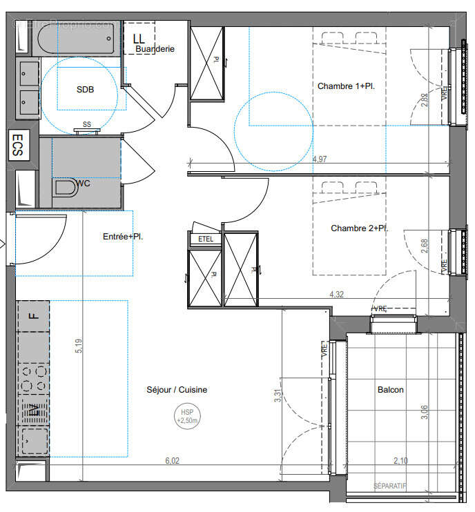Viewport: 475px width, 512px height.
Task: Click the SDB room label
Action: [x=86, y=90]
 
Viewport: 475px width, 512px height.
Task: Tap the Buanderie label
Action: [x=155, y=49]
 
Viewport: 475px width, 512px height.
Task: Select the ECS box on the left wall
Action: [x=19, y=146]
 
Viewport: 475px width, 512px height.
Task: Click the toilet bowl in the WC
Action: [x=66, y=187]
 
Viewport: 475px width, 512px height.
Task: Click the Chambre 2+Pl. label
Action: [x=358, y=228]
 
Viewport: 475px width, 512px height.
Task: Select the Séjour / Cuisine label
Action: [x=177, y=390]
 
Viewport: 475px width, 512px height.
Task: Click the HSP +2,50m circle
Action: [x=187, y=416]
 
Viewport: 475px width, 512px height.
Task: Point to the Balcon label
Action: [x=390, y=390]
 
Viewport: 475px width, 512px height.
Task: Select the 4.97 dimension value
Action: [x=320, y=159]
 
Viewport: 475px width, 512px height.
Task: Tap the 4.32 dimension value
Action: [x=337, y=294]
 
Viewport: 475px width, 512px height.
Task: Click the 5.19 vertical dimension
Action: [x=79, y=345]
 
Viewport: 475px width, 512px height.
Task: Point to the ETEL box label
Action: [x=206, y=239]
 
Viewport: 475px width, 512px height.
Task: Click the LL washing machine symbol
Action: [x=139, y=39]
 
